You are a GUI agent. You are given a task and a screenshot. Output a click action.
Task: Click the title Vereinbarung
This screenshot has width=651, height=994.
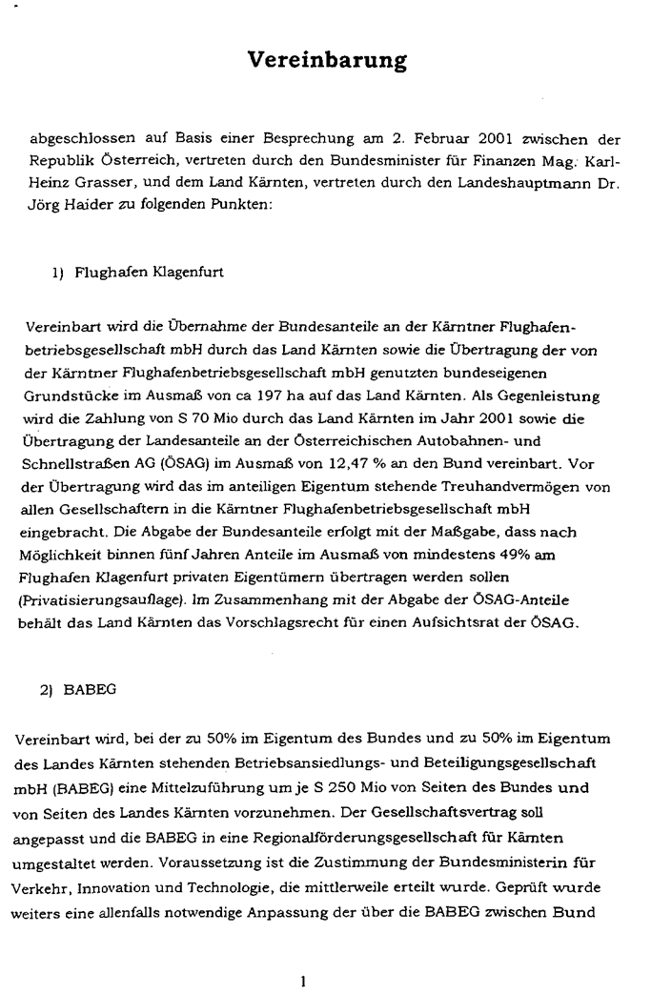[x=327, y=61]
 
